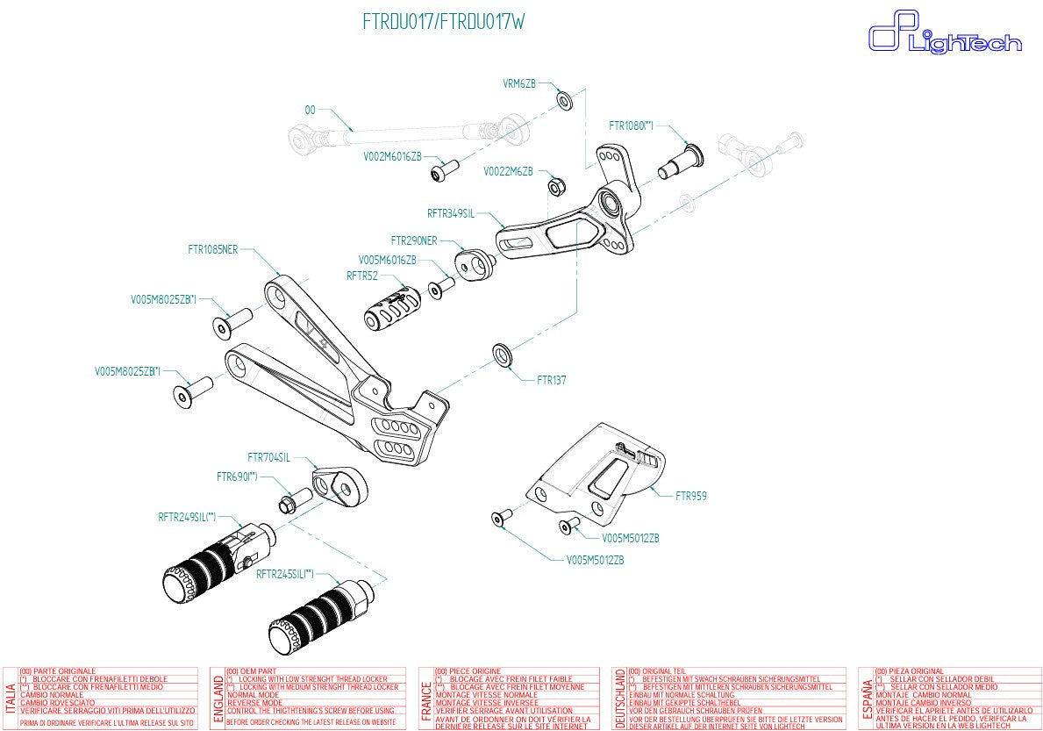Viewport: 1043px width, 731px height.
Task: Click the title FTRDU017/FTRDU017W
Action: tap(444, 22)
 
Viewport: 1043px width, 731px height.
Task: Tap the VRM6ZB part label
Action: tap(518, 83)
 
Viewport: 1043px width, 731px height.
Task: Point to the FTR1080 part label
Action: tap(632, 125)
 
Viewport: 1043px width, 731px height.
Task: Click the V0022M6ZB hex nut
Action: tap(554, 185)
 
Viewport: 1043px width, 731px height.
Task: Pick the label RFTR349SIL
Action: tap(451, 213)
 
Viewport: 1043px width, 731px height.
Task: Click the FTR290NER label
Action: tap(414, 240)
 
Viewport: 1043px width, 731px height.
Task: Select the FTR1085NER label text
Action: tap(212, 249)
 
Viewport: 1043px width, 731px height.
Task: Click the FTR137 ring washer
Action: tap(504, 355)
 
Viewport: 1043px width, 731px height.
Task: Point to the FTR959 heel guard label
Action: tap(690, 496)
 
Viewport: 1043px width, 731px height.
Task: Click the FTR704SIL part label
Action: tap(268, 457)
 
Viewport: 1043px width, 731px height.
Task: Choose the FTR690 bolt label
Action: tap(237, 477)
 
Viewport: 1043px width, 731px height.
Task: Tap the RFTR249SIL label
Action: tap(187, 517)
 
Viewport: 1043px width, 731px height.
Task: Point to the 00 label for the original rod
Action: tap(310, 111)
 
